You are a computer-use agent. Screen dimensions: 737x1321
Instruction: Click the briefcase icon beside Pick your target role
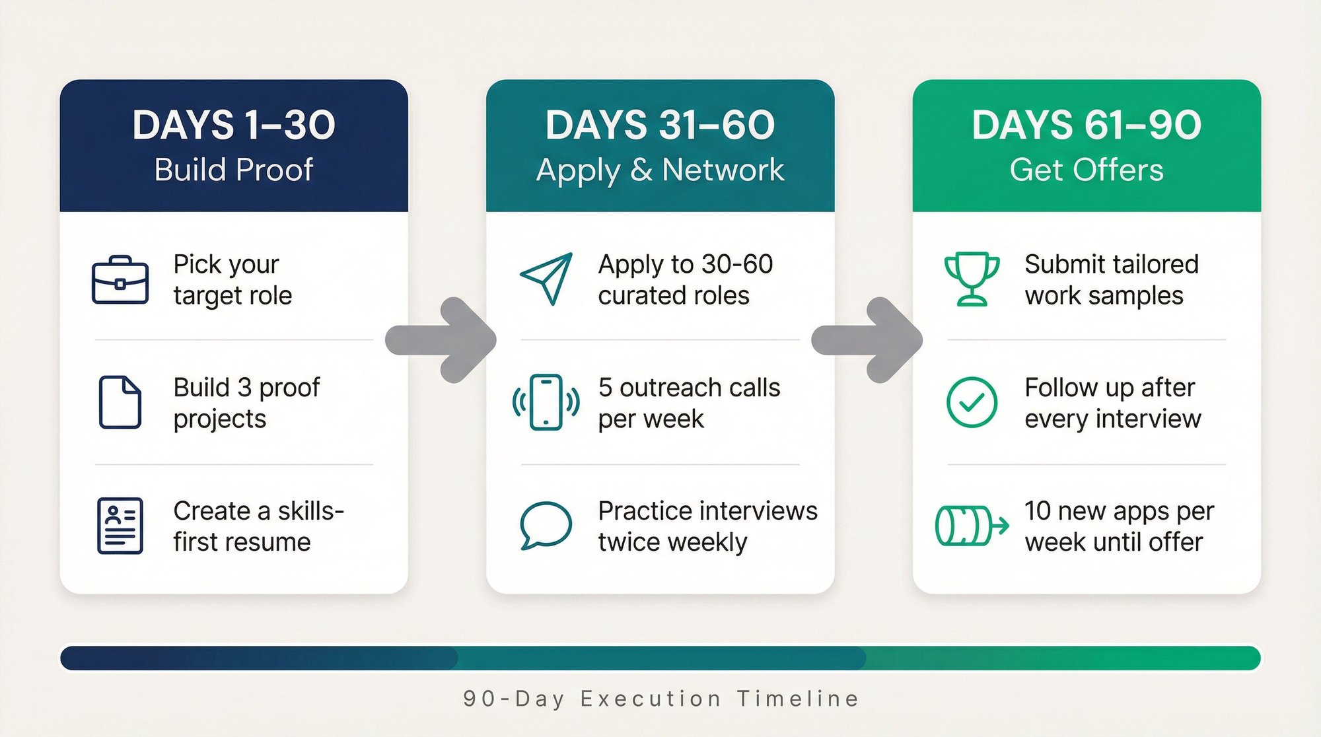(x=120, y=280)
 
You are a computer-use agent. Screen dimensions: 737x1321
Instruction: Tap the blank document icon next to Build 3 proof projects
(x=120, y=402)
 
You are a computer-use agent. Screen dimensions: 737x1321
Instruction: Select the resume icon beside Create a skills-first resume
(x=120, y=526)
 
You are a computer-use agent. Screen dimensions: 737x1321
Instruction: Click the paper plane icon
(x=546, y=279)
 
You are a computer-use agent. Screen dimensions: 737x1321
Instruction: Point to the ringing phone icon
(x=546, y=402)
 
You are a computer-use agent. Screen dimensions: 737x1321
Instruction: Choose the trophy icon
(x=972, y=279)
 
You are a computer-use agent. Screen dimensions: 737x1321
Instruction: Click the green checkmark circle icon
(x=972, y=402)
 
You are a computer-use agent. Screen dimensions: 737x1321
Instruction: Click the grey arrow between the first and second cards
(x=442, y=340)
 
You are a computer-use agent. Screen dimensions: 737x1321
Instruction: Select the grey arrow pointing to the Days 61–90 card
(x=868, y=340)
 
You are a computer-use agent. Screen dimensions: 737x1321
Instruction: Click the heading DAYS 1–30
(x=234, y=125)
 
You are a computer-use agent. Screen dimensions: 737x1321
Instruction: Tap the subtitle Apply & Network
(x=660, y=170)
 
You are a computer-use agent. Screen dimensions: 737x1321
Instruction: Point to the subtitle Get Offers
(x=1087, y=170)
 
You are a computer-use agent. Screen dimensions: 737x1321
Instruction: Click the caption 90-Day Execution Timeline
(x=660, y=699)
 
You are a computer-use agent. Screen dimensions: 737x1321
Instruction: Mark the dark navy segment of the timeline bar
(x=258, y=658)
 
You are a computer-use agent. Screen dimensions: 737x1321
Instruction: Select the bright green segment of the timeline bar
(x=1063, y=658)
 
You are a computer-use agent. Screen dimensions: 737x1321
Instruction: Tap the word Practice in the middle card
(x=645, y=511)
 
